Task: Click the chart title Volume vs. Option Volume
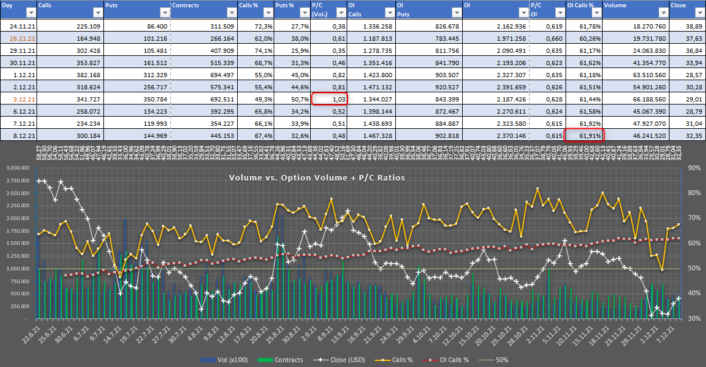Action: [317, 177]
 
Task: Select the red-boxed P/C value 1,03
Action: [329, 99]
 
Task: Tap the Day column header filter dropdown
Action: [29, 13]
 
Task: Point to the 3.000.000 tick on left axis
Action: [18, 168]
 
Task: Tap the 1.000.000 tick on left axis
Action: [18, 269]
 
